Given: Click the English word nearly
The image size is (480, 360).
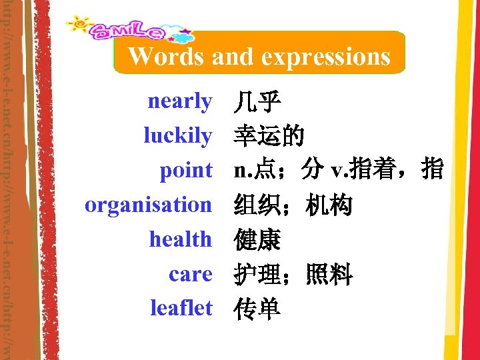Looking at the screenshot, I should coord(179,102).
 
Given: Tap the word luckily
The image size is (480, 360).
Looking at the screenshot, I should coord(177,136).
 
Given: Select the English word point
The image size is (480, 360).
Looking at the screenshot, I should coord(185,171).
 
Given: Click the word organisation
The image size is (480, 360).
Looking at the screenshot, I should coord(147,205).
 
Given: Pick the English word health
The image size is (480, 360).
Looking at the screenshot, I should coord(180,239).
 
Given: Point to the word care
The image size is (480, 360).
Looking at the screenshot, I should coord(191,273).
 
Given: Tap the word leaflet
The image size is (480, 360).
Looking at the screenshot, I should coord(181,308).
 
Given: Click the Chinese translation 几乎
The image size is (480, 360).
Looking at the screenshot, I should coord(257,103).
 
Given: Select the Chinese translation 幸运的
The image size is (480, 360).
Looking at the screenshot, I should coord(269,137).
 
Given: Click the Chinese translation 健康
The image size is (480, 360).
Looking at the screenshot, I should coord(257,239).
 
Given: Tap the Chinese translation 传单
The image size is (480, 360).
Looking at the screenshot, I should coord(257,309).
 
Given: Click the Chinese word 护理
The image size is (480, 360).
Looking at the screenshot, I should coord(257,274).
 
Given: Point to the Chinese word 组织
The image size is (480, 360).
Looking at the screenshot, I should coord(257,205).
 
